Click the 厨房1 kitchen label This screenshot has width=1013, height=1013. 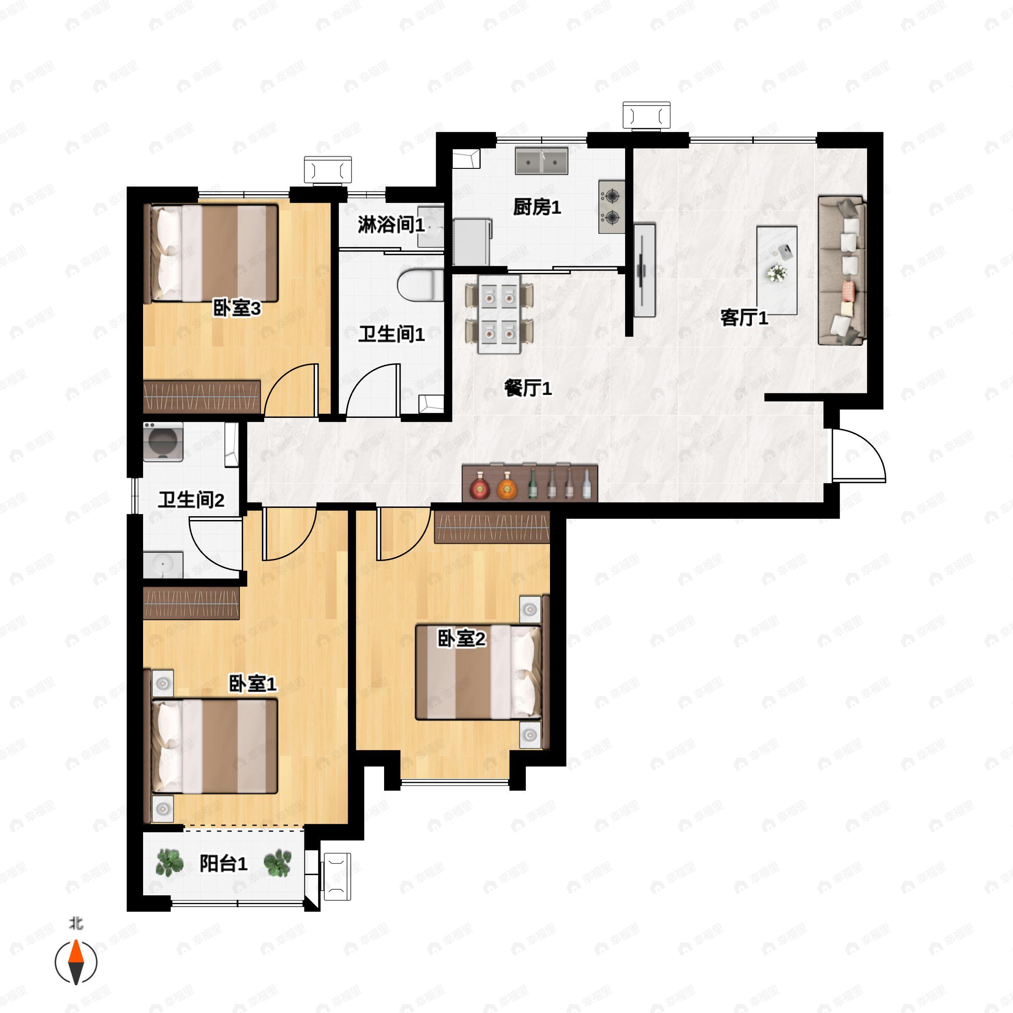(x=537, y=207)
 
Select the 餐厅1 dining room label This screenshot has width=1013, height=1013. (x=528, y=388)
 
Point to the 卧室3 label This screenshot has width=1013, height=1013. (x=237, y=308)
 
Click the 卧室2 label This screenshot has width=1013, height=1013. (x=461, y=638)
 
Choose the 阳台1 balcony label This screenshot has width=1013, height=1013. (x=223, y=863)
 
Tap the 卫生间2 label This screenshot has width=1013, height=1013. (x=191, y=500)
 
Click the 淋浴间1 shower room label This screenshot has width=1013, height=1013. (x=391, y=225)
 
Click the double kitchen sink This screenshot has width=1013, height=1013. (x=542, y=160)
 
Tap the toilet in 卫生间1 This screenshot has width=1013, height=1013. (x=420, y=285)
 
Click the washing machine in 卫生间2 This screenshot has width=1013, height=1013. (x=163, y=441)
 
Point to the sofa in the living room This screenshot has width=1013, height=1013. (x=842, y=271)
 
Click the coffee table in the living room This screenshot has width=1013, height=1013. (x=777, y=271)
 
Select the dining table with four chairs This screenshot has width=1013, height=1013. (x=499, y=314)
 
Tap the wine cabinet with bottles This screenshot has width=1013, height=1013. (x=530, y=482)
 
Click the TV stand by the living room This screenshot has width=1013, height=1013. (x=645, y=271)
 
